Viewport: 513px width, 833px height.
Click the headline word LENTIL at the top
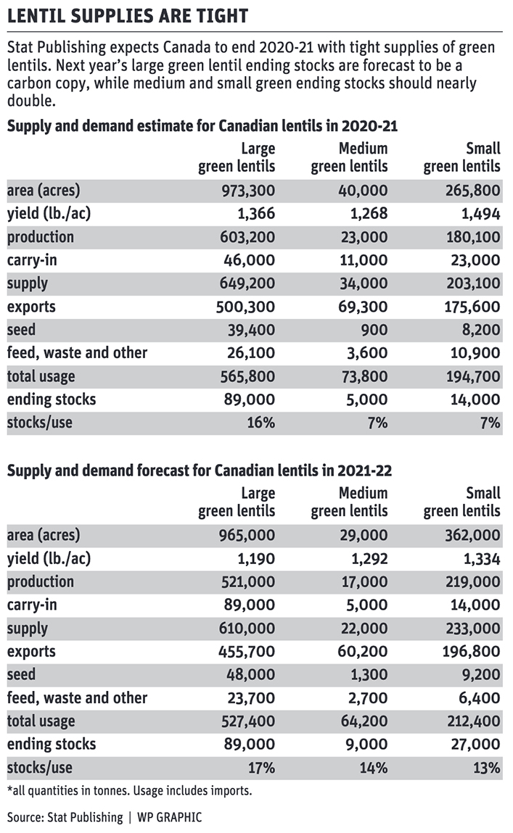click(37, 16)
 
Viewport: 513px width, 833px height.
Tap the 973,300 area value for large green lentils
click(248, 191)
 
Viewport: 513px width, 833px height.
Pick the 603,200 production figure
click(247, 237)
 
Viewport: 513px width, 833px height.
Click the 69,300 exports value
click(363, 307)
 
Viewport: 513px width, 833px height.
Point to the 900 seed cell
click(374, 330)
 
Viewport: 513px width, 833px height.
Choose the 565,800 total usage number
click(247, 376)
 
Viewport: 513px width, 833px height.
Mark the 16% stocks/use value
click(261, 423)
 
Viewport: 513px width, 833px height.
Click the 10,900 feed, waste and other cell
click(475, 353)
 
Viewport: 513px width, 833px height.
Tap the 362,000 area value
click(472, 536)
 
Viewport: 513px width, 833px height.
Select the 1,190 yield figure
click(256, 559)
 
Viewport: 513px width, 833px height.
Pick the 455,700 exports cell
click(247, 651)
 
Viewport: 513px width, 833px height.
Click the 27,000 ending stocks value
click(476, 745)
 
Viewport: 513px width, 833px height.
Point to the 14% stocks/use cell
click(374, 768)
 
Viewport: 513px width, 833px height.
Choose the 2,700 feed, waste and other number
click(369, 698)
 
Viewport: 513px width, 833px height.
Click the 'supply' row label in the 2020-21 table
click(28, 283)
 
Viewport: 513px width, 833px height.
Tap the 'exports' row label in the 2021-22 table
click(31, 652)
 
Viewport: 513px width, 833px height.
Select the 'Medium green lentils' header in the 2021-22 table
click(349, 502)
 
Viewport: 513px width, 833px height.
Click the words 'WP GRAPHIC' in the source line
click(170, 817)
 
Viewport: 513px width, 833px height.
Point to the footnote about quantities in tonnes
click(130, 791)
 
